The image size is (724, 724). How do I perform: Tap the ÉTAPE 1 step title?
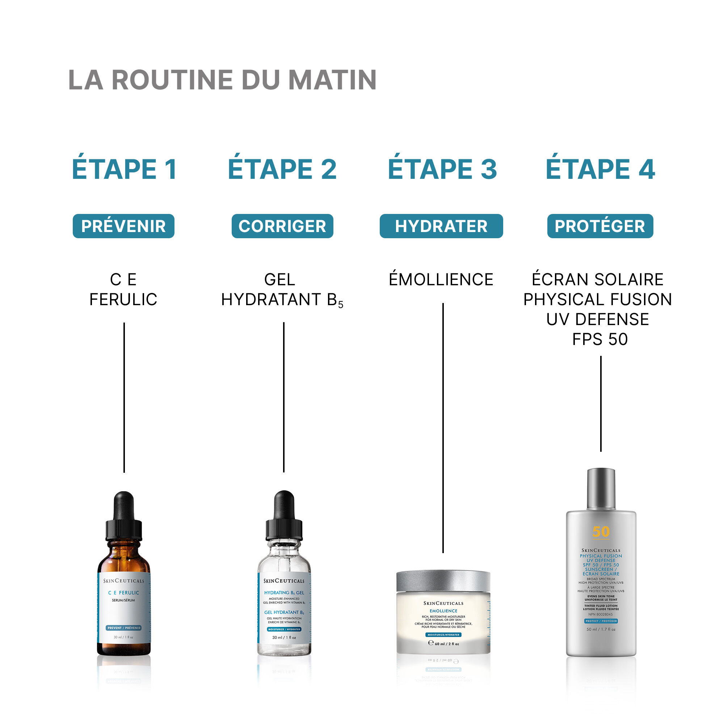coord(125,169)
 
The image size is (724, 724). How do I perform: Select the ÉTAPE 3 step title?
coord(442,169)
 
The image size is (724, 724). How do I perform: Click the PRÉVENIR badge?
coord(124,226)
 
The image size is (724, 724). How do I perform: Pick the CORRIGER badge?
coord(282,226)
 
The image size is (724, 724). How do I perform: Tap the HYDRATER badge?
coord(441,226)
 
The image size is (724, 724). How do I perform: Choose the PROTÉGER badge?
coord(600,226)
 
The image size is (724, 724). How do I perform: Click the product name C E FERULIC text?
coord(123,289)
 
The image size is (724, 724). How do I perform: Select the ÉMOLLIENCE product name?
coord(441,279)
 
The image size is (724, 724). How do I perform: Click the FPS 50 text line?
coord(600,339)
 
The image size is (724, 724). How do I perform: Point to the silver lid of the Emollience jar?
coord(443,581)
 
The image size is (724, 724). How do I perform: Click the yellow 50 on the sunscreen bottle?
coord(601,531)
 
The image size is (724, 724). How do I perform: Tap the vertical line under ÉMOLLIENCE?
coord(443,427)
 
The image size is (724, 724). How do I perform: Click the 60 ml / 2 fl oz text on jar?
coord(446,644)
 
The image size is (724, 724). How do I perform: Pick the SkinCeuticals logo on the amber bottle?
coord(124,581)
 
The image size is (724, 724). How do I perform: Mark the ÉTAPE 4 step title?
coord(600,169)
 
